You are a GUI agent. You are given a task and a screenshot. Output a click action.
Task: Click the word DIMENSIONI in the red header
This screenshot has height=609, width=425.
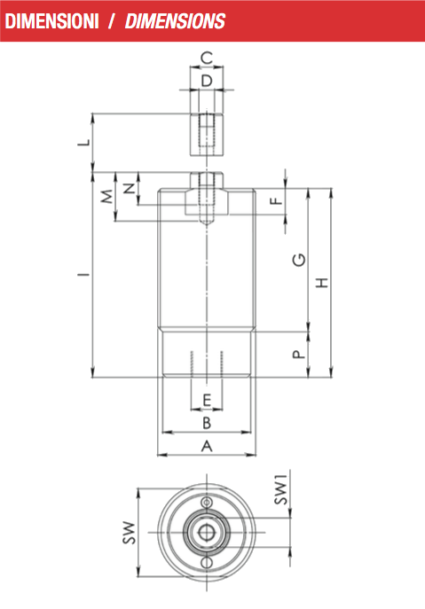[x=52, y=21]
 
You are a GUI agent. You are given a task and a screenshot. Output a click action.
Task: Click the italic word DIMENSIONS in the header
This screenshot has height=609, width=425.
[x=175, y=21]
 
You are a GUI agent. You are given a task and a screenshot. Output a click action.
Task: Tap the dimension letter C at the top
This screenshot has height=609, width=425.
[x=207, y=58]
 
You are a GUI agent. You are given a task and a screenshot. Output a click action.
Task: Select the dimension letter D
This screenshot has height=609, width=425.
[x=207, y=81]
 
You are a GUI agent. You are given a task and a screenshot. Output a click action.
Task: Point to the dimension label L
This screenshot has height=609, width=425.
[x=84, y=143]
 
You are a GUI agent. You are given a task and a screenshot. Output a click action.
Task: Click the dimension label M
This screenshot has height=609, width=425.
[x=107, y=197]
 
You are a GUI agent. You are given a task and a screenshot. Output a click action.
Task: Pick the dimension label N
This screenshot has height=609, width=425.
[x=130, y=188]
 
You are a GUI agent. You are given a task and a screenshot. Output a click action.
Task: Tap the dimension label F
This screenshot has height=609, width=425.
[x=276, y=201]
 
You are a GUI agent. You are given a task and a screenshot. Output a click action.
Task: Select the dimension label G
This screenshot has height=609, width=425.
[x=299, y=260]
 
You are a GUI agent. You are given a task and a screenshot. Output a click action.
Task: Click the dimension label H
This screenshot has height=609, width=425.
[x=322, y=283]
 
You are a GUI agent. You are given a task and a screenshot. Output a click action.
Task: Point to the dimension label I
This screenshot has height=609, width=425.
[x=84, y=275]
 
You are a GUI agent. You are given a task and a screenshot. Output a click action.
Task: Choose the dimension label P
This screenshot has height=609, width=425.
[x=299, y=355]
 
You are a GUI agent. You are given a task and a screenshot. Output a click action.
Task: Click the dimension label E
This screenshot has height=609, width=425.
[x=207, y=400]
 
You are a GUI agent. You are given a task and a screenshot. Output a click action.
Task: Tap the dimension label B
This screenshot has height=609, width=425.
[x=207, y=423]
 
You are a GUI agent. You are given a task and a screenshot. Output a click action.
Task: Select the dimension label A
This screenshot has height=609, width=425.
[x=207, y=446]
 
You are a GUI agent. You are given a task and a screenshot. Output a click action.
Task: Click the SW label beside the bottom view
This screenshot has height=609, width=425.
[x=130, y=533]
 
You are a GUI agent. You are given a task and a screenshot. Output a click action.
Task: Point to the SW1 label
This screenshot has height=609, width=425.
[x=281, y=489]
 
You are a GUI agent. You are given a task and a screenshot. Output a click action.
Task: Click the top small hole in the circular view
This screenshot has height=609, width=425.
[x=207, y=503]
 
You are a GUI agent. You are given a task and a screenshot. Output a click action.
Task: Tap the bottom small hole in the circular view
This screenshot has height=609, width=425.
[x=207, y=562]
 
